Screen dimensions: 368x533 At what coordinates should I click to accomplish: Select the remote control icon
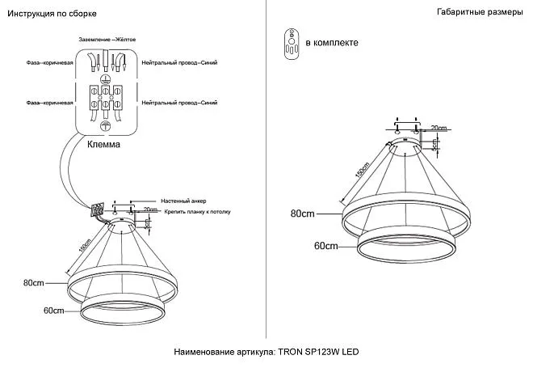point(292,42)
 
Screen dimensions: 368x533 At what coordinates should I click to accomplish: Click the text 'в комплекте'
point(331,43)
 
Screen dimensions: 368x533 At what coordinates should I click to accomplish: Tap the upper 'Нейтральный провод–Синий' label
point(178,61)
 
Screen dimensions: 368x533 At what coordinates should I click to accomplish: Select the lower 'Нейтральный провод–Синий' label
point(178,103)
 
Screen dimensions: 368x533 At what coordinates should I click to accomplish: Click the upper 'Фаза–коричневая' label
point(50,61)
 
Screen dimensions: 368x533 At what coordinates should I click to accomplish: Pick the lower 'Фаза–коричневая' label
point(50,103)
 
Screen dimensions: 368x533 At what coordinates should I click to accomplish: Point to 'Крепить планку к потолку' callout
point(197,210)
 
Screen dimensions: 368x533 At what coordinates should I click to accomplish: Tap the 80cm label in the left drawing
point(33,283)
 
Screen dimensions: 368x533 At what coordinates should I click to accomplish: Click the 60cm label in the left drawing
point(53,311)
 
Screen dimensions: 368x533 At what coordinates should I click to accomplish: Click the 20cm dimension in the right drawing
point(439,128)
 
